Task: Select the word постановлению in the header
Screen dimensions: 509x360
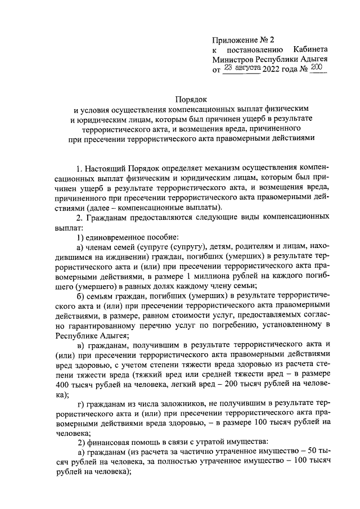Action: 254,49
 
